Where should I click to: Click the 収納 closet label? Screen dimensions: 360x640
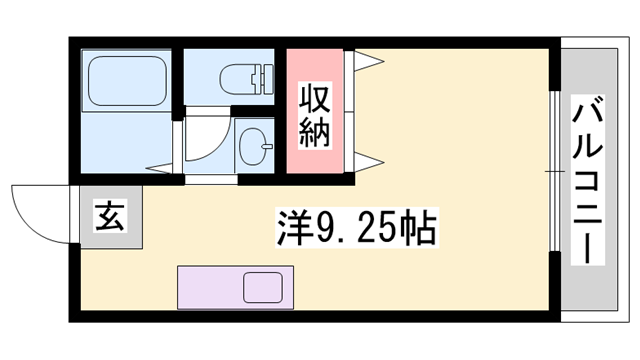coord(315,116)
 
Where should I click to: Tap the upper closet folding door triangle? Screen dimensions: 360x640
coord(366,61)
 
